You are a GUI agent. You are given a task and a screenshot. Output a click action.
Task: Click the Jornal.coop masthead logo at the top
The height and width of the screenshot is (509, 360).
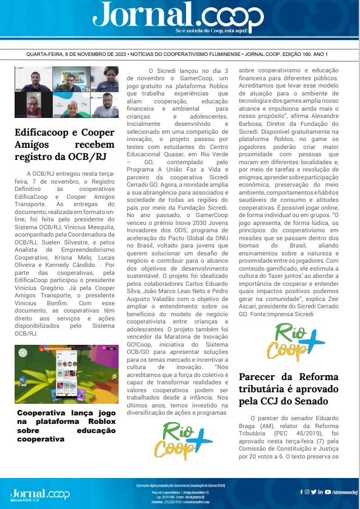pyautogui.click(x=179, y=15)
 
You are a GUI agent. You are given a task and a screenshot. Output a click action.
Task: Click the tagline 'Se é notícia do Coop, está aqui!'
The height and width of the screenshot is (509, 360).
pyautogui.click(x=211, y=30)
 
